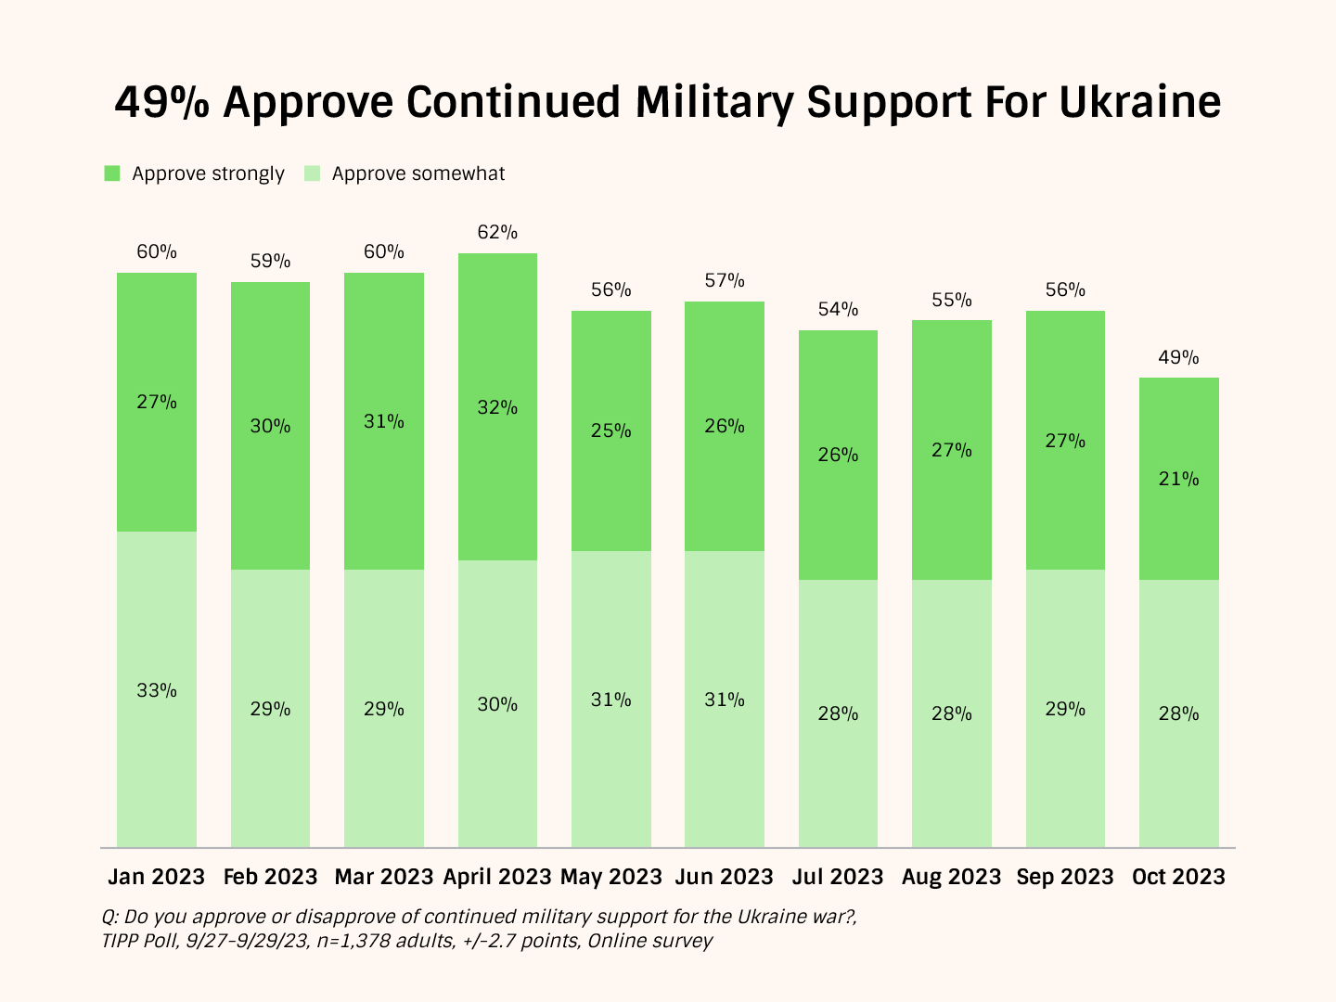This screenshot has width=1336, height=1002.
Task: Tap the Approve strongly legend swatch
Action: [x=112, y=173]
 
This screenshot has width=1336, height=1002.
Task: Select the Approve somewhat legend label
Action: [x=418, y=173]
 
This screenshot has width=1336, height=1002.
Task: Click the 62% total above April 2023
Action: [x=497, y=232]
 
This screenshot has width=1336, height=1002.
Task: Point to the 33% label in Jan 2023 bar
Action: [x=157, y=690]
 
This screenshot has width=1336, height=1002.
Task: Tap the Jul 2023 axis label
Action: [x=838, y=877]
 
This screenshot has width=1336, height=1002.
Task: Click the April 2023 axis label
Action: [x=497, y=877]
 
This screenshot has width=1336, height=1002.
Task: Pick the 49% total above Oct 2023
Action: [x=1178, y=357]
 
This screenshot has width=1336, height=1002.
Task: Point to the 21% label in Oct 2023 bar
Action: [x=1178, y=479]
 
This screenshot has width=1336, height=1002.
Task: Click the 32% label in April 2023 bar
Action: [x=497, y=407]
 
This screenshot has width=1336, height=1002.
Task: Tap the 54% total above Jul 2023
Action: [x=838, y=309]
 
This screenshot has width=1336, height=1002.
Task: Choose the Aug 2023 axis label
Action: [x=952, y=877]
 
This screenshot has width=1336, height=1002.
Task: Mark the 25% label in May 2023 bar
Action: [x=610, y=430]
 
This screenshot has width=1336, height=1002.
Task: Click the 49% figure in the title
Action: [x=163, y=102]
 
